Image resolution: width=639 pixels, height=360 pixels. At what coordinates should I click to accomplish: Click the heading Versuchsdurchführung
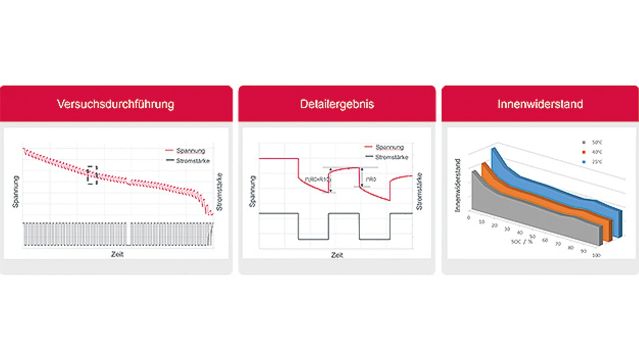pyautogui.click(x=115, y=104)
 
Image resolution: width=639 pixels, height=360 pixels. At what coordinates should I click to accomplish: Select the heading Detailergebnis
pyautogui.click(x=337, y=104)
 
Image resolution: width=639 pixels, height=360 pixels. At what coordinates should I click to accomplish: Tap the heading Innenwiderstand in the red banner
pyautogui.click(x=540, y=104)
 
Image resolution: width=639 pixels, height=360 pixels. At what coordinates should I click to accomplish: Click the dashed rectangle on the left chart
pyautogui.click(x=92, y=175)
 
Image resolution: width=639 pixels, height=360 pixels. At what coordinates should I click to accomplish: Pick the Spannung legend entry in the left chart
pyautogui.click(x=185, y=150)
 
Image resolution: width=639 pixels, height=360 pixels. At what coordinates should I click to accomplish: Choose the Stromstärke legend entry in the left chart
pyautogui.click(x=188, y=161)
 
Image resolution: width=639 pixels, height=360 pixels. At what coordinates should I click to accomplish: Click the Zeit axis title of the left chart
pyautogui.click(x=117, y=254)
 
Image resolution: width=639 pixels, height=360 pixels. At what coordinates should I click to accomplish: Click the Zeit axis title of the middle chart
pyautogui.click(x=337, y=255)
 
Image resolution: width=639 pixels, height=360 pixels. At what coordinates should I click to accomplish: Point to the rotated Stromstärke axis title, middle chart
pyautogui.click(x=419, y=191)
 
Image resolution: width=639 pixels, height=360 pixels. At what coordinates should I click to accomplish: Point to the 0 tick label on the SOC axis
pyautogui.click(x=469, y=218)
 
